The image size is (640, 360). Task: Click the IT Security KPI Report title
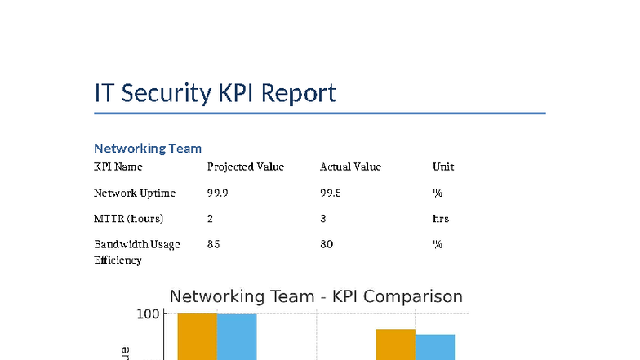(x=215, y=93)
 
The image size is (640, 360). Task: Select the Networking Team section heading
(x=148, y=148)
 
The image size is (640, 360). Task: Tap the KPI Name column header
(x=118, y=167)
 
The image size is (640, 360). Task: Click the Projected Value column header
(x=246, y=167)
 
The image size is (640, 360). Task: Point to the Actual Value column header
(x=350, y=167)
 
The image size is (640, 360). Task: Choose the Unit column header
(x=443, y=167)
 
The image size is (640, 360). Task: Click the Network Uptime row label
(x=135, y=193)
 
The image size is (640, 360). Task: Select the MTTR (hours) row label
(x=128, y=219)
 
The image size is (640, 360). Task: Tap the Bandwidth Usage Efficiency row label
(x=136, y=251)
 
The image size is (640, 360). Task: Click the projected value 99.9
(x=217, y=193)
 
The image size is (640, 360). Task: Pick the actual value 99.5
(x=331, y=193)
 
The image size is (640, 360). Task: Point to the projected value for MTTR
(x=210, y=219)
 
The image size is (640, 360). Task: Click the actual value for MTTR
(x=323, y=219)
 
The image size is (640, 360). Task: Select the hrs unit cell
(x=441, y=219)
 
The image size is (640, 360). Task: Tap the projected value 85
(x=213, y=244)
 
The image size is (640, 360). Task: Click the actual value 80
(x=327, y=244)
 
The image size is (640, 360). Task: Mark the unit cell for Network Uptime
(x=438, y=193)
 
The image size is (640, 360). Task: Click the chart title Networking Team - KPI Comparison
(x=316, y=296)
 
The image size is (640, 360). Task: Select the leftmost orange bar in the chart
(x=198, y=336)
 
